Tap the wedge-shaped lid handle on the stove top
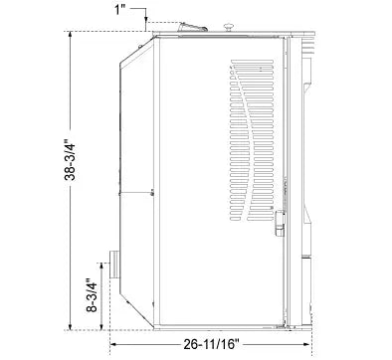click(x=194, y=30)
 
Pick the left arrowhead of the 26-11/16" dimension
click(x=112, y=344)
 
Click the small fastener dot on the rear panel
click(x=150, y=191)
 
